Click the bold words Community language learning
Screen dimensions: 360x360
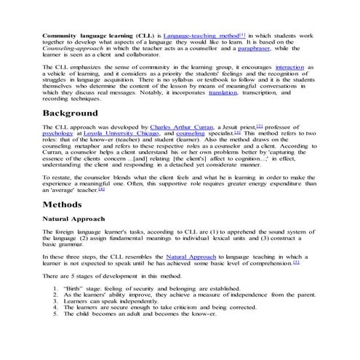(87, 35)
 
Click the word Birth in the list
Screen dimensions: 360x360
(75, 289)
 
